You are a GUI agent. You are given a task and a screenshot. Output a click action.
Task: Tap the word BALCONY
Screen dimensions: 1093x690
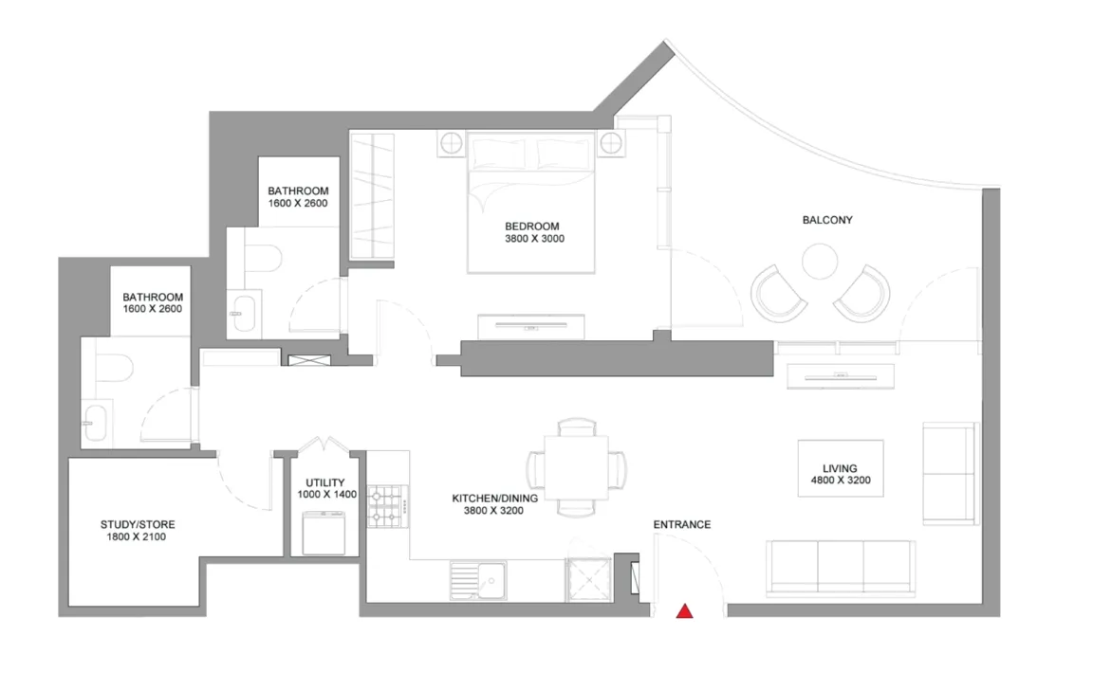827,220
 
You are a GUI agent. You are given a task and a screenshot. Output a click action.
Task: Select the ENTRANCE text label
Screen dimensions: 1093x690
682,524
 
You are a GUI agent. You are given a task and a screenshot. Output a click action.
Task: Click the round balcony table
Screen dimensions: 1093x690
820,261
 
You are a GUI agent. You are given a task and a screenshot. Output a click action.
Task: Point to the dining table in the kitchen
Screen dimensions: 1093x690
577,467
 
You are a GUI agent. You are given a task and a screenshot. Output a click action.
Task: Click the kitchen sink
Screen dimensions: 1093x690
478,581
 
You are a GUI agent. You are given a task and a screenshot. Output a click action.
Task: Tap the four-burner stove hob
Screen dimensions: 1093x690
388,506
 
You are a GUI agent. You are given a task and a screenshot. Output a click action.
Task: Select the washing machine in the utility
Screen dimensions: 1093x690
324,533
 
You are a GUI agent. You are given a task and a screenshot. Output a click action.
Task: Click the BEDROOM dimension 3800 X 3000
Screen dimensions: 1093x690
535,239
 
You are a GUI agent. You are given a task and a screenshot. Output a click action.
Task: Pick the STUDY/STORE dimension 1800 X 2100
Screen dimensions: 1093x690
136,536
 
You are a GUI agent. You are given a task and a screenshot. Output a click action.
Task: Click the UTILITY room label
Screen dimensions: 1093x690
325,482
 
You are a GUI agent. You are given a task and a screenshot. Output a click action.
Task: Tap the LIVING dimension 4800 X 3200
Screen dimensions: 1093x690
841,481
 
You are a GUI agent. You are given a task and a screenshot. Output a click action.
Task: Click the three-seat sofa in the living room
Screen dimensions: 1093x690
842,568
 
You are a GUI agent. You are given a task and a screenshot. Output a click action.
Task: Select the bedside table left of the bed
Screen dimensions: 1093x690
451,143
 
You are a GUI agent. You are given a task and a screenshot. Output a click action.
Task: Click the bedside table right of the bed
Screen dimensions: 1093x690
611,143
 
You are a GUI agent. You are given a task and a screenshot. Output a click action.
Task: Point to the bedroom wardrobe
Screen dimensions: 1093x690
372,196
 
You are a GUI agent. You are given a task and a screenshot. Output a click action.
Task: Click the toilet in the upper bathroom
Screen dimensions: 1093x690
263,258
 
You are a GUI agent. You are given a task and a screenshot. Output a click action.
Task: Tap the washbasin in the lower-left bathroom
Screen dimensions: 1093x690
97,421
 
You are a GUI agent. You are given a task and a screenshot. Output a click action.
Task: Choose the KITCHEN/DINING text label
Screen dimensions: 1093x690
495,499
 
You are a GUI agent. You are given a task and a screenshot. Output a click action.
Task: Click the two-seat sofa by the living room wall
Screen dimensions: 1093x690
951,474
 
